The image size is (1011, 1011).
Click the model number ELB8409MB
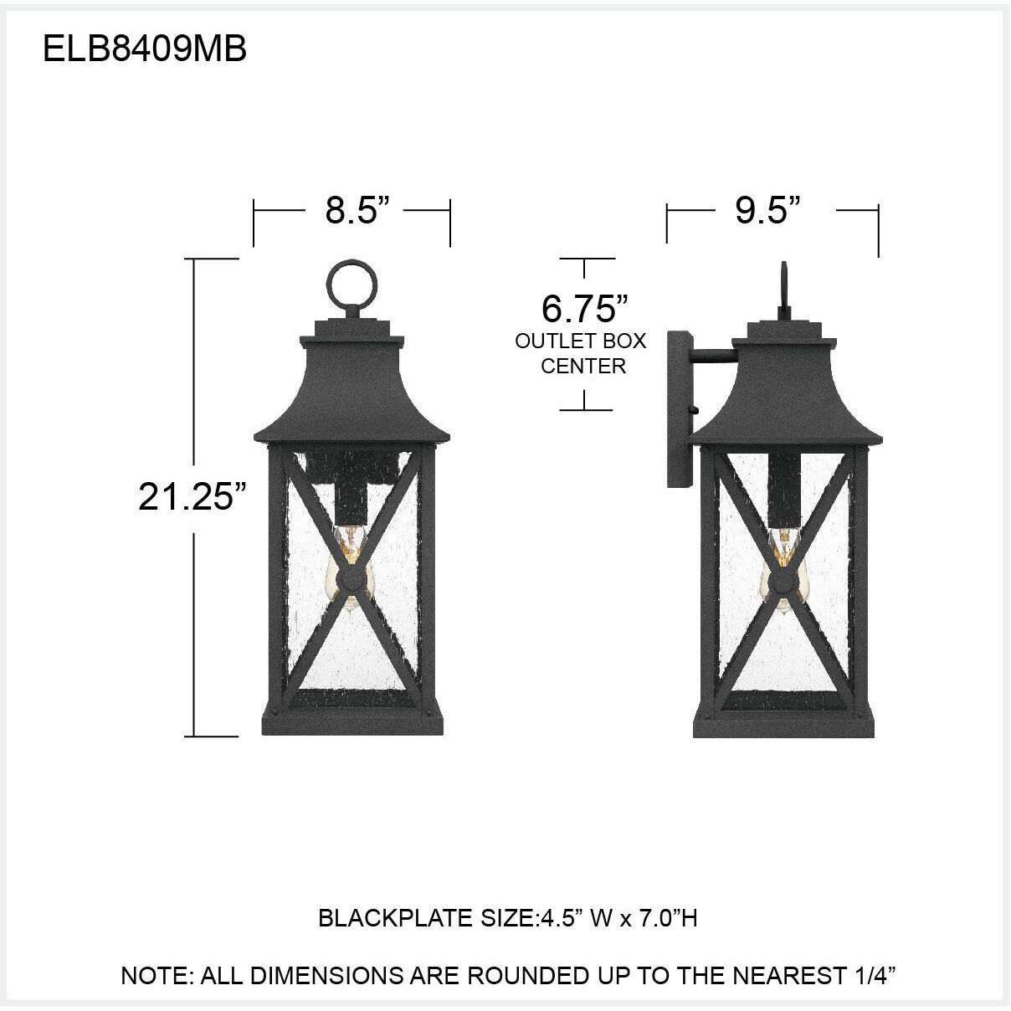pyautogui.click(x=144, y=49)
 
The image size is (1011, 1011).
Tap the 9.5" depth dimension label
pyautogui.click(x=762, y=211)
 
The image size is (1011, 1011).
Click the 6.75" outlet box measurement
pyautogui.click(x=584, y=309)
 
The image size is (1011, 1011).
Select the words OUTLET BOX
pyautogui.click(x=581, y=341)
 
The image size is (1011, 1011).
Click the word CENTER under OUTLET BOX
pyautogui.click(x=583, y=366)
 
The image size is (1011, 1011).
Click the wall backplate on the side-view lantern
pyautogui.click(x=678, y=410)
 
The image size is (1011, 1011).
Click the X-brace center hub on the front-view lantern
pyautogui.click(x=352, y=577)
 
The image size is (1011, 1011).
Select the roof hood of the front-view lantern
pyautogui.click(x=352, y=393)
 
